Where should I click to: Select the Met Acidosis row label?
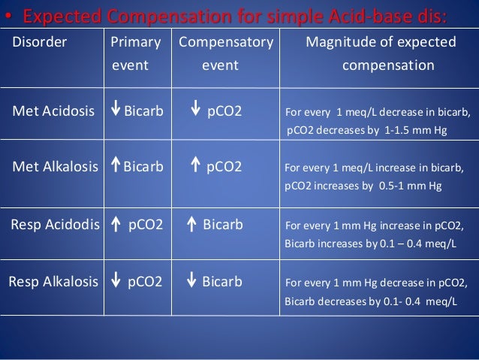(54, 112)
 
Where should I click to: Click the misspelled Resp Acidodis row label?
(54, 223)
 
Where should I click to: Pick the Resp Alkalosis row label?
(53, 282)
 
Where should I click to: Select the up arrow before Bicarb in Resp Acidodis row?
(191, 223)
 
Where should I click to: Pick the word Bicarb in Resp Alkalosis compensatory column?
(222, 282)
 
